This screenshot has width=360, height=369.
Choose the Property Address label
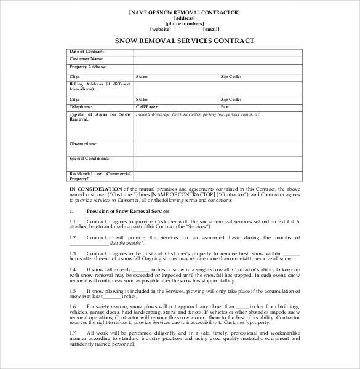click(x=88, y=66)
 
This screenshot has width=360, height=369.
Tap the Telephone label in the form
click(x=81, y=106)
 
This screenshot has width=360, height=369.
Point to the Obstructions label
click(x=83, y=143)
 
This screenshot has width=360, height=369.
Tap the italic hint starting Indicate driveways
click(x=198, y=114)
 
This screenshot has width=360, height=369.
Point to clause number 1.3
click(x=73, y=252)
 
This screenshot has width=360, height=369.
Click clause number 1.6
click(x=73, y=306)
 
